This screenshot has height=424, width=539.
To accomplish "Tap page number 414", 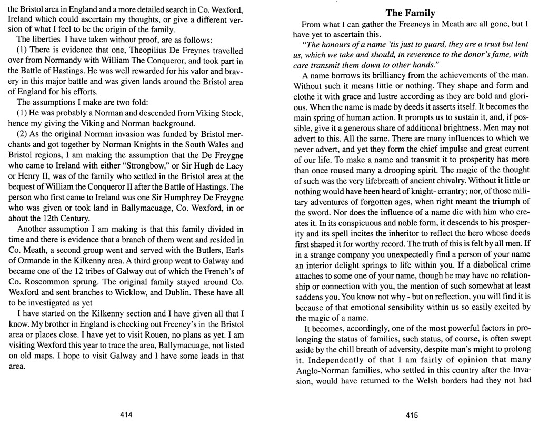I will [x=126, y=415].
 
